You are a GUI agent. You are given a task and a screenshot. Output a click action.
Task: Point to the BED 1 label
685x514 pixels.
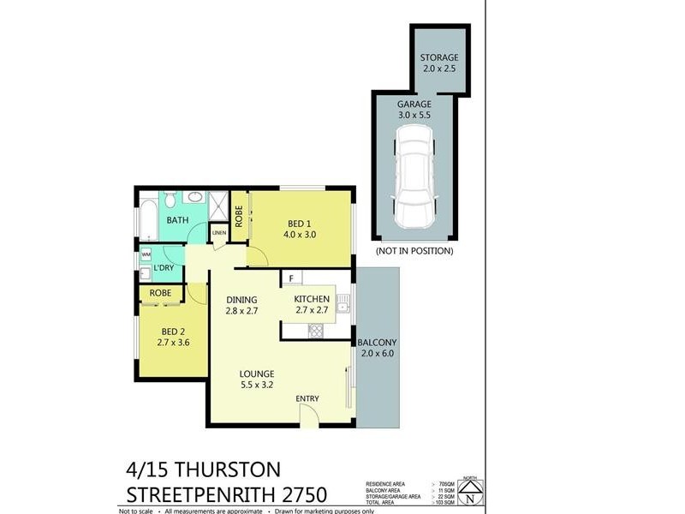[300, 226]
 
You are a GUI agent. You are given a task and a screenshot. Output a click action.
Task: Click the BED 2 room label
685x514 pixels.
[174, 337]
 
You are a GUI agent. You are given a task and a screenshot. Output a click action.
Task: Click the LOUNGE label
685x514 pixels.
[257, 380]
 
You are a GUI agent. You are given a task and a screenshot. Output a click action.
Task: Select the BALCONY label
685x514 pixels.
[378, 348]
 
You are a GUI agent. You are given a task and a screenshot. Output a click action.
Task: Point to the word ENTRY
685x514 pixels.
[307, 399]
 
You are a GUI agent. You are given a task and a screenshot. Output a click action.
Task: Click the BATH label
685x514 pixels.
[177, 220]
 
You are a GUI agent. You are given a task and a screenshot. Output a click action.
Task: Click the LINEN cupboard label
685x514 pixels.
[219, 233]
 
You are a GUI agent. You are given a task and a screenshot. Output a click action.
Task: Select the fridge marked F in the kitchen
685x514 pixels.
[291, 278]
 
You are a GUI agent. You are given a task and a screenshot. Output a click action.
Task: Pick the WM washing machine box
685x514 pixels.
[146, 254]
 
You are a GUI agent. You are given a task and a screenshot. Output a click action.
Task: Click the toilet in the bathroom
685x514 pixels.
[170, 200]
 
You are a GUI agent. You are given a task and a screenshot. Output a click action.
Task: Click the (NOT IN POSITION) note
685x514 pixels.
[414, 251]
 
